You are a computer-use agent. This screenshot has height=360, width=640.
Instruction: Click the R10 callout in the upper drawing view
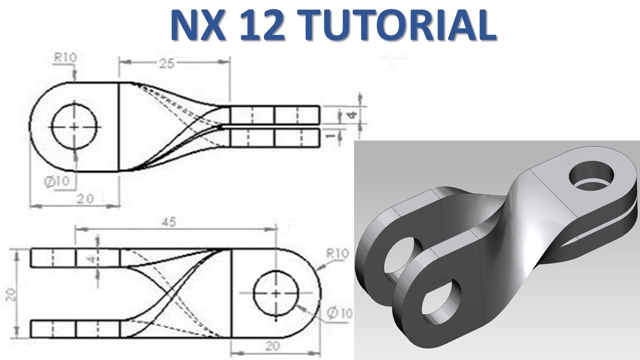[x=65, y=57]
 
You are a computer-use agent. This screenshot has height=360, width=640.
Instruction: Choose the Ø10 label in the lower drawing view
[x=340, y=313]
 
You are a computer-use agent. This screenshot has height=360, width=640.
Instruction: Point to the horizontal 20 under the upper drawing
[x=86, y=198]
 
